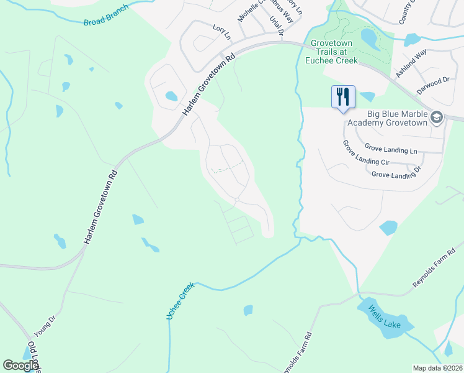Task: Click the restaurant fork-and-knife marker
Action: pyautogui.click(x=343, y=97)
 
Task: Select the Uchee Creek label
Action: pyautogui.click(x=180, y=301)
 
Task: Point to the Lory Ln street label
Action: pyautogui.click(x=221, y=32)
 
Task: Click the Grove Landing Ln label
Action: pyautogui.click(x=390, y=150)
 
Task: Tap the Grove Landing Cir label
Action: pyautogui.click(x=367, y=154)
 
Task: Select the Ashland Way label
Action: pyautogui.click(x=411, y=64)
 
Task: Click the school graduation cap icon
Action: pyautogui.click(x=437, y=117)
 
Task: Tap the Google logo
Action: pyautogui.click(x=20, y=366)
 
